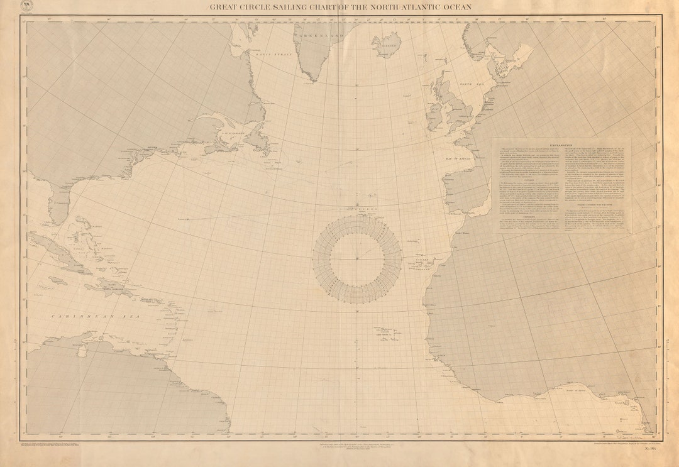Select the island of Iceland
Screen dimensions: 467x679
pyautogui.click(x=387, y=44)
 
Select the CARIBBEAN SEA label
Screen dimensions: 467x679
pyautogui.click(x=79, y=316)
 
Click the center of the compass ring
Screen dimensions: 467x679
pyautogui.click(x=357, y=258)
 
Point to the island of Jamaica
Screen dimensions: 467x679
pyautogui.click(x=57, y=280)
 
